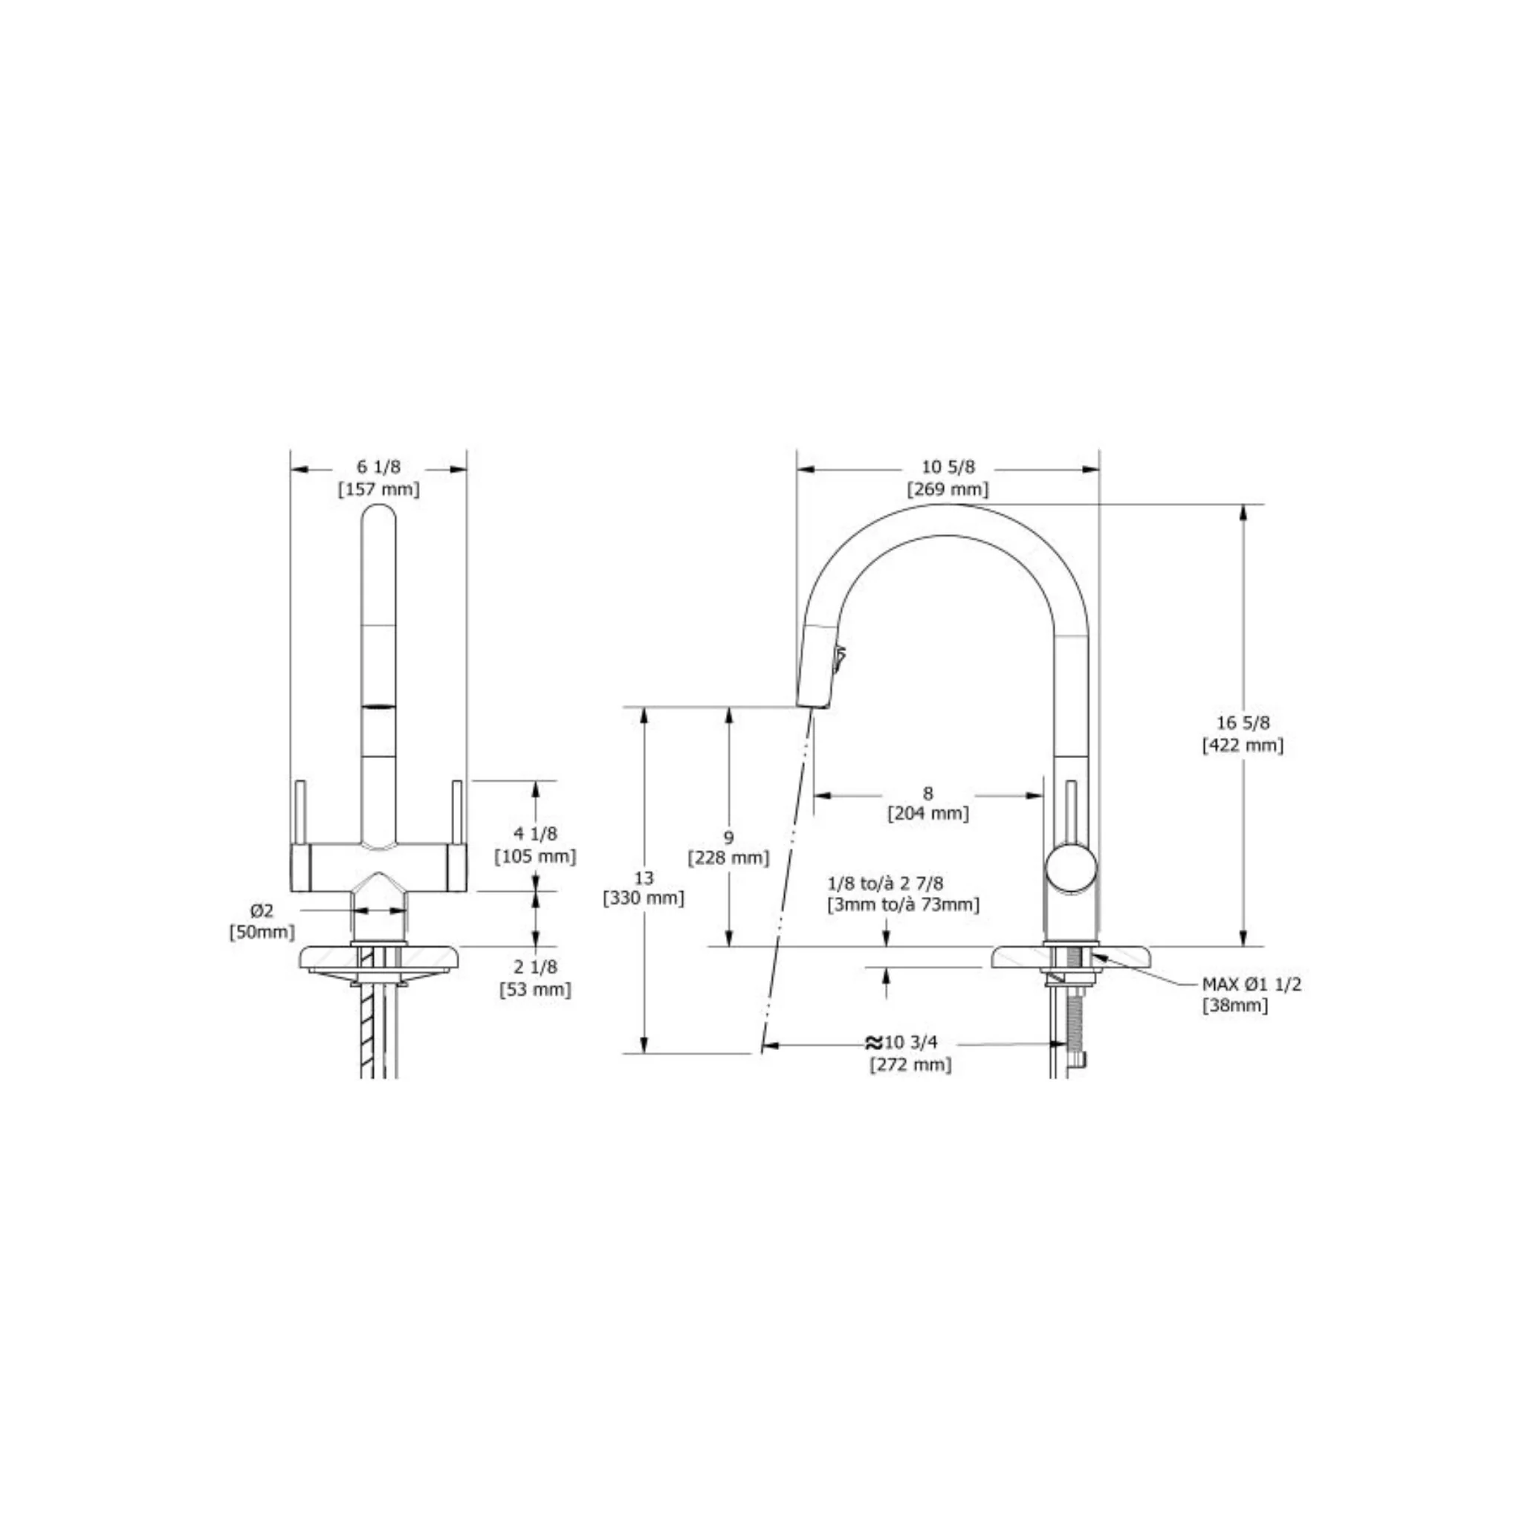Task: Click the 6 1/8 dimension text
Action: tap(378, 467)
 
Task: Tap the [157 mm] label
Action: tap(379, 489)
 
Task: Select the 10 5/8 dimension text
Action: tap(948, 467)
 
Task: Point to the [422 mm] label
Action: tap(1243, 745)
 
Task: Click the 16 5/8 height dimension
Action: tap(1243, 722)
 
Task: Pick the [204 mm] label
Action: tap(928, 813)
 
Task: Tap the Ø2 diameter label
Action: tap(262, 910)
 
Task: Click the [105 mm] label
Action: tap(535, 855)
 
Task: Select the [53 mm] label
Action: tap(535, 988)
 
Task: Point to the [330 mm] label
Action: tap(644, 897)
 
